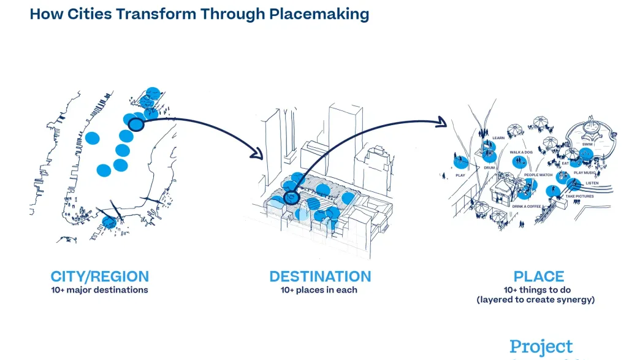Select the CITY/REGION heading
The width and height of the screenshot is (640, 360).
coord(99,277)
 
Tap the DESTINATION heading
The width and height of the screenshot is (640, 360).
coord(320,277)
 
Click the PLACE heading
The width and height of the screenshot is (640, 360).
coord(539,277)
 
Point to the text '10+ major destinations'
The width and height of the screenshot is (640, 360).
coord(99,290)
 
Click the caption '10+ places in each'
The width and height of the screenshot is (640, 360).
coord(319,290)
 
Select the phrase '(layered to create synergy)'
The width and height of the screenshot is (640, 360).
coord(536,300)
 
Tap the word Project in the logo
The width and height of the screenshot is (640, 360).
coord(541,347)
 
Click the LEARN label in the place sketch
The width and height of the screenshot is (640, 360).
coord(498,138)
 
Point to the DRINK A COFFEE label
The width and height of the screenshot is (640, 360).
coord(527,207)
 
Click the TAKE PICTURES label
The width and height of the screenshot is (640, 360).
coord(579,196)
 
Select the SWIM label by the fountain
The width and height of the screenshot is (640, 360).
coord(587,145)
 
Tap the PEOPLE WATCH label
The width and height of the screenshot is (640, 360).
coord(538,175)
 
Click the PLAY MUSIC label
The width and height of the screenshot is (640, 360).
coord(584,173)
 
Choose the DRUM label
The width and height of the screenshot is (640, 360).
coord(489,167)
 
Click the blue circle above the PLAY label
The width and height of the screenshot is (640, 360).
coord(460,162)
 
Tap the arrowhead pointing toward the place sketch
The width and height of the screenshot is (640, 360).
coord(443,123)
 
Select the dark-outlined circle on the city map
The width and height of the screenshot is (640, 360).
coord(136,125)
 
